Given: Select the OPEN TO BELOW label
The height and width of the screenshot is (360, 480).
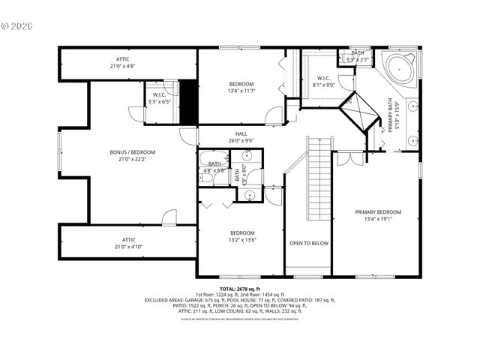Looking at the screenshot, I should (x=308, y=243).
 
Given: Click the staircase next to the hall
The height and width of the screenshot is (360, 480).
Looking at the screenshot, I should (x=319, y=179).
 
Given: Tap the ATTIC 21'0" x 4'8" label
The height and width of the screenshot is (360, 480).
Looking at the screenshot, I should (x=122, y=62).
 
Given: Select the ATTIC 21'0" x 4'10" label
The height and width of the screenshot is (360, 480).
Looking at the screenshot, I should (x=128, y=243).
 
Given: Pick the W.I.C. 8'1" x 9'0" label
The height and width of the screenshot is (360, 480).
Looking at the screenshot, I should (x=323, y=81).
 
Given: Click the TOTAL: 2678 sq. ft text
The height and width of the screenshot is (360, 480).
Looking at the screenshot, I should (x=240, y=289).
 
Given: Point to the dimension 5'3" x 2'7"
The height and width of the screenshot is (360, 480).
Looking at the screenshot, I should (x=358, y=59).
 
